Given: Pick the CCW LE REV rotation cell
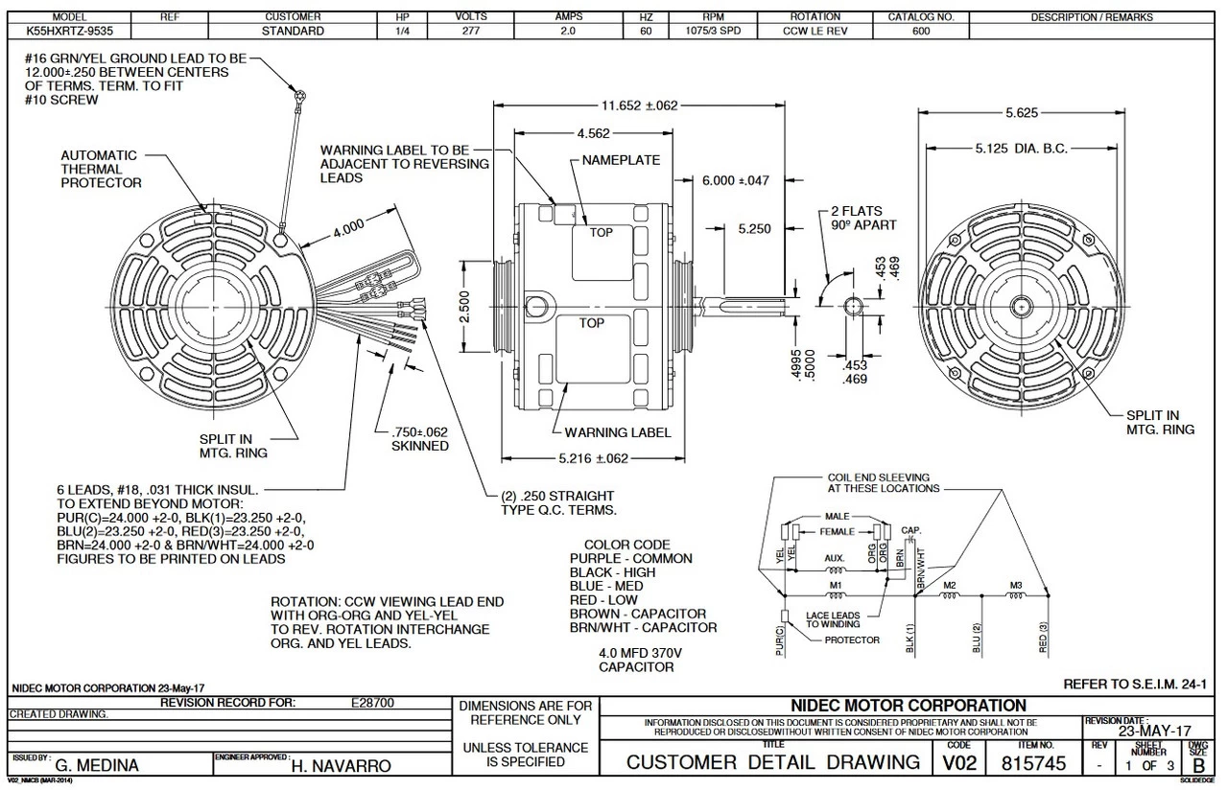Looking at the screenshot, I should tap(815, 31).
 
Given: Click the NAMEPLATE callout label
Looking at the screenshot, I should tap(621, 160).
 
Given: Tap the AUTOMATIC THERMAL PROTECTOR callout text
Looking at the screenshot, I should tap(100, 169).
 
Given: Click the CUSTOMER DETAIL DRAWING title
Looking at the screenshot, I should tap(772, 762).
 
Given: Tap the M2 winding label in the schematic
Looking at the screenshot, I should tap(950, 585).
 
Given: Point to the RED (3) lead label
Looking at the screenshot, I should tap(1043, 637).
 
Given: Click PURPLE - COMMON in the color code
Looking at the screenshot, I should tap(630, 558).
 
